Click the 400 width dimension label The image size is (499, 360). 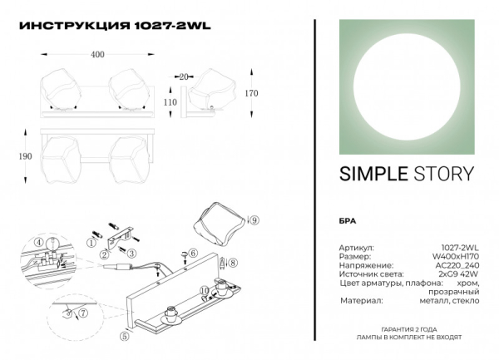click(97, 55)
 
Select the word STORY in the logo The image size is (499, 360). click(443, 175)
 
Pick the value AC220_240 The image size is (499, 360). click(458, 265)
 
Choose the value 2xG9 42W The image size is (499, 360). click(458, 274)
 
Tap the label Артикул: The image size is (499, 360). click(357, 248)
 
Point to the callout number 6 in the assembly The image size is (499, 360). click(193, 253)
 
